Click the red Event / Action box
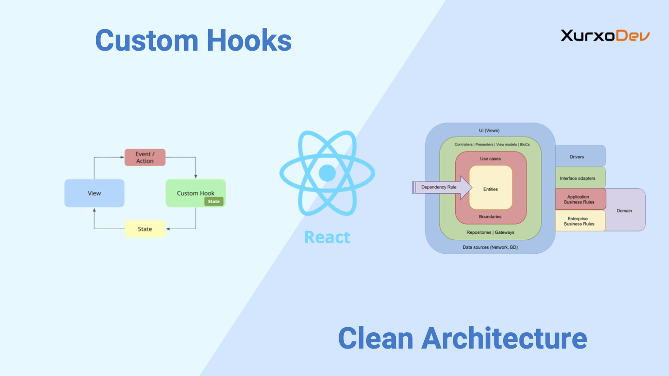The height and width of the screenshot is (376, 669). pyautogui.click(x=145, y=158)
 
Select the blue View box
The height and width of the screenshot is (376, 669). pyautogui.click(x=94, y=193)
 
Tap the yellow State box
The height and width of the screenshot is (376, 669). pyautogui.click(x=145, y=229)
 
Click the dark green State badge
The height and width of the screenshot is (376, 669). pyautogui.click(x=214, y=201)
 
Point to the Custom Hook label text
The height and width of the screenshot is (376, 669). pyautogui.click(x=196, y=193)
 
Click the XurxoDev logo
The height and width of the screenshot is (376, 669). pyautogui.click(x=605, y=36)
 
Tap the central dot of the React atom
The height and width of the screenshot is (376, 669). pyautogui.click(x=328, y=173)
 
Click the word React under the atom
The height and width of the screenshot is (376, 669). pyautogui.click(x=328, y=237)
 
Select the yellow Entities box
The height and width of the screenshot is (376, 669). pyautogui.click(x=491, y=188)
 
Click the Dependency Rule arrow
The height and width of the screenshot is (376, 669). pyautogui.click(x=442, y=187)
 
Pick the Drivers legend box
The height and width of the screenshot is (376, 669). pyautogui.click(x=580, y=156)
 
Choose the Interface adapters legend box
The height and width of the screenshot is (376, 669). pyautogui.click(x=580, y=178)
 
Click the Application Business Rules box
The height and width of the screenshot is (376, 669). pyautogui.click(x=580, y=199)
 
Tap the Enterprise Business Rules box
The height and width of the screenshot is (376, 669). pyautogui.click(x=580, y=221)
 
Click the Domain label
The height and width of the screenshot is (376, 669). pyautogui.click(x=624, y=211)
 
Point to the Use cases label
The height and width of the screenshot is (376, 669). pyautogui.click(x=491, y=158)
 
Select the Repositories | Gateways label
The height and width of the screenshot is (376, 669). pyautogui.click(x=491, y=232)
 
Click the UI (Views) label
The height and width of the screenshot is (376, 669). pyautogui.click(x=489, y=130)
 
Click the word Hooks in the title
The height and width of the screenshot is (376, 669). pyautogui.click(x=249, y=40)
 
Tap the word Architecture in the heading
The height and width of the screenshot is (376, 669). pyautogui.click(x=504, y=338)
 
